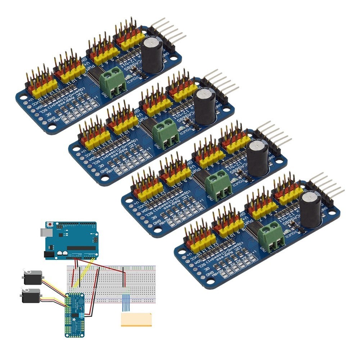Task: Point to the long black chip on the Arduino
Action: (81, 248)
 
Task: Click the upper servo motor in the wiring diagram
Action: (32, 277)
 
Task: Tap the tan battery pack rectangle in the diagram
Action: (136, 319)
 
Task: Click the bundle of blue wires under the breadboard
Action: (126, 302)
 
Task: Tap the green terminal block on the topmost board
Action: (112, 83)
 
